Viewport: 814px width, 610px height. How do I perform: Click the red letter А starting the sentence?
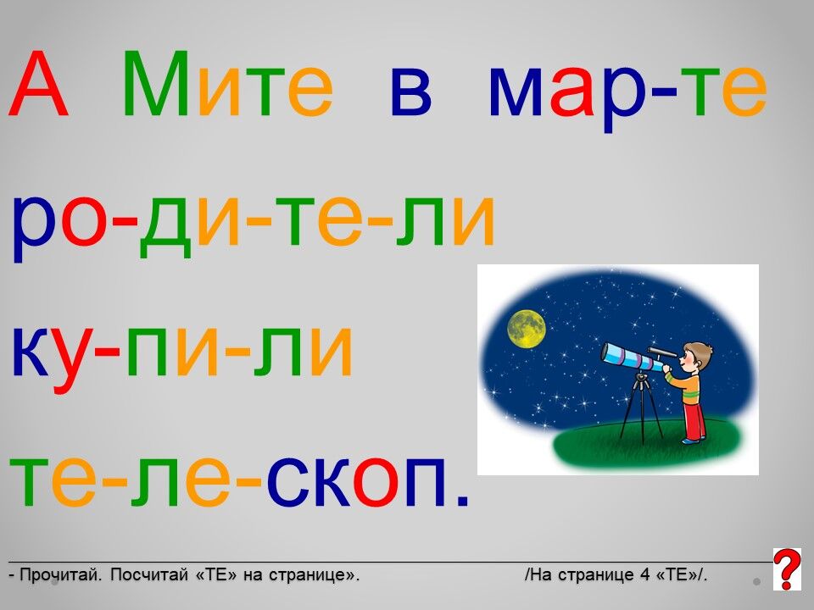pyautogui.click(x=39, y=83)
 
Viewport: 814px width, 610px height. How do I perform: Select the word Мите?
pyautogui.click(x=228, y=83)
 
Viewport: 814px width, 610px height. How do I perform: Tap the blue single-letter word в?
pyautogui.click(x=411, y=91)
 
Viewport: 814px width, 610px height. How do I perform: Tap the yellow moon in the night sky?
pyautogui.click(x=527, y=329)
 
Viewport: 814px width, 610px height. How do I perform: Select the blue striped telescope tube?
pyautogui.click(x=632, y=357)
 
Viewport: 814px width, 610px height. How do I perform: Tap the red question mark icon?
pyautogui.click(x=787, y=569)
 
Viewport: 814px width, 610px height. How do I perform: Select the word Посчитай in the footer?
pyautogui.click(x=148, y=574)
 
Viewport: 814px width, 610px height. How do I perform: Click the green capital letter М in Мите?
pyautogui.click(x=156, y=83)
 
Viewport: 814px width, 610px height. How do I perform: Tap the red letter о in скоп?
pyautogui.click(x=376, y=482)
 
